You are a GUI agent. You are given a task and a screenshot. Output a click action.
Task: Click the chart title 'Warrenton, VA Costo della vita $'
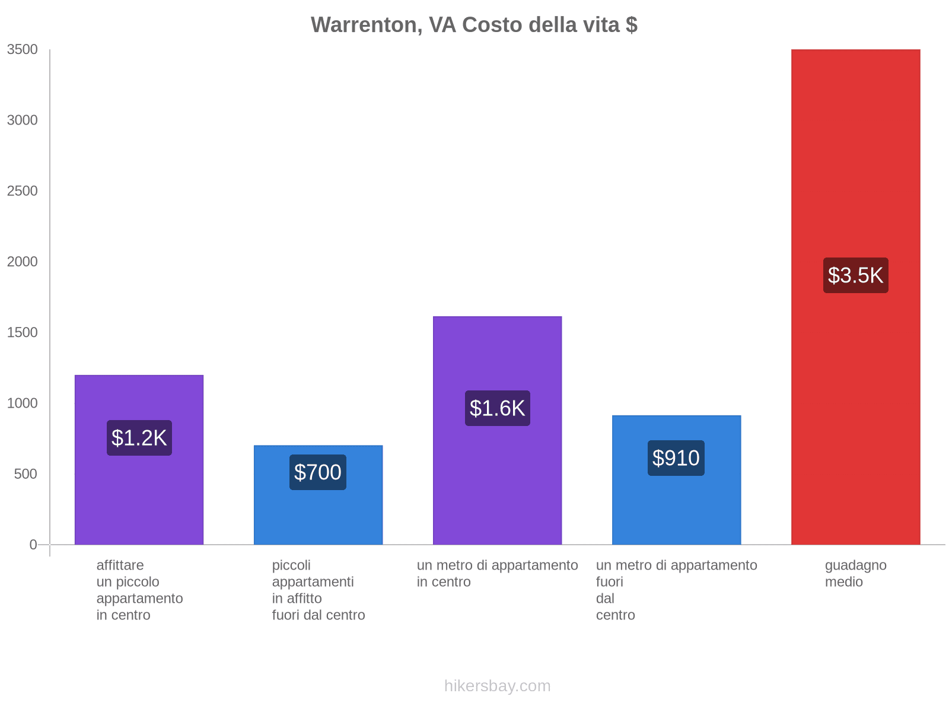click(474, 25)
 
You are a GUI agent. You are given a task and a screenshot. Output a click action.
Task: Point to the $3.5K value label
click(855, 275)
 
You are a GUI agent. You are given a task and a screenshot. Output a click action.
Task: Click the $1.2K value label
click(139, 438)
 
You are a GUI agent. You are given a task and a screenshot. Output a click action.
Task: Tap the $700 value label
click(318, 472)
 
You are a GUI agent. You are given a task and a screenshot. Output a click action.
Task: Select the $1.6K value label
click(497, 408)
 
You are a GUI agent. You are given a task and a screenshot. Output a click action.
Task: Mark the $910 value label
click(676, 458)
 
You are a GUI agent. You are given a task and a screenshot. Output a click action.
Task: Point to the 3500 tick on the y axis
click(23, 50)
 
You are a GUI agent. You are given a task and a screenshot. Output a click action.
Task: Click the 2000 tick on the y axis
click(23, 262)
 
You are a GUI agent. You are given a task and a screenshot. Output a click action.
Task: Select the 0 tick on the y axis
click(33, 544)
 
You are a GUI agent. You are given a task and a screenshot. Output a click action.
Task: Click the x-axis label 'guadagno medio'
click(855, 574)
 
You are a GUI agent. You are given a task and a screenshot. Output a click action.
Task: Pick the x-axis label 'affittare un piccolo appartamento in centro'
click(139, 590)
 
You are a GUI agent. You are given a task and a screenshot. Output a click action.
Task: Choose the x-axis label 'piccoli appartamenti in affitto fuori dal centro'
click(319, 590)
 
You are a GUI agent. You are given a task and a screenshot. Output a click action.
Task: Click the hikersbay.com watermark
click(497, 686)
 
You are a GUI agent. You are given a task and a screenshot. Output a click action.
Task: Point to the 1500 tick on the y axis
click(23, 332)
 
